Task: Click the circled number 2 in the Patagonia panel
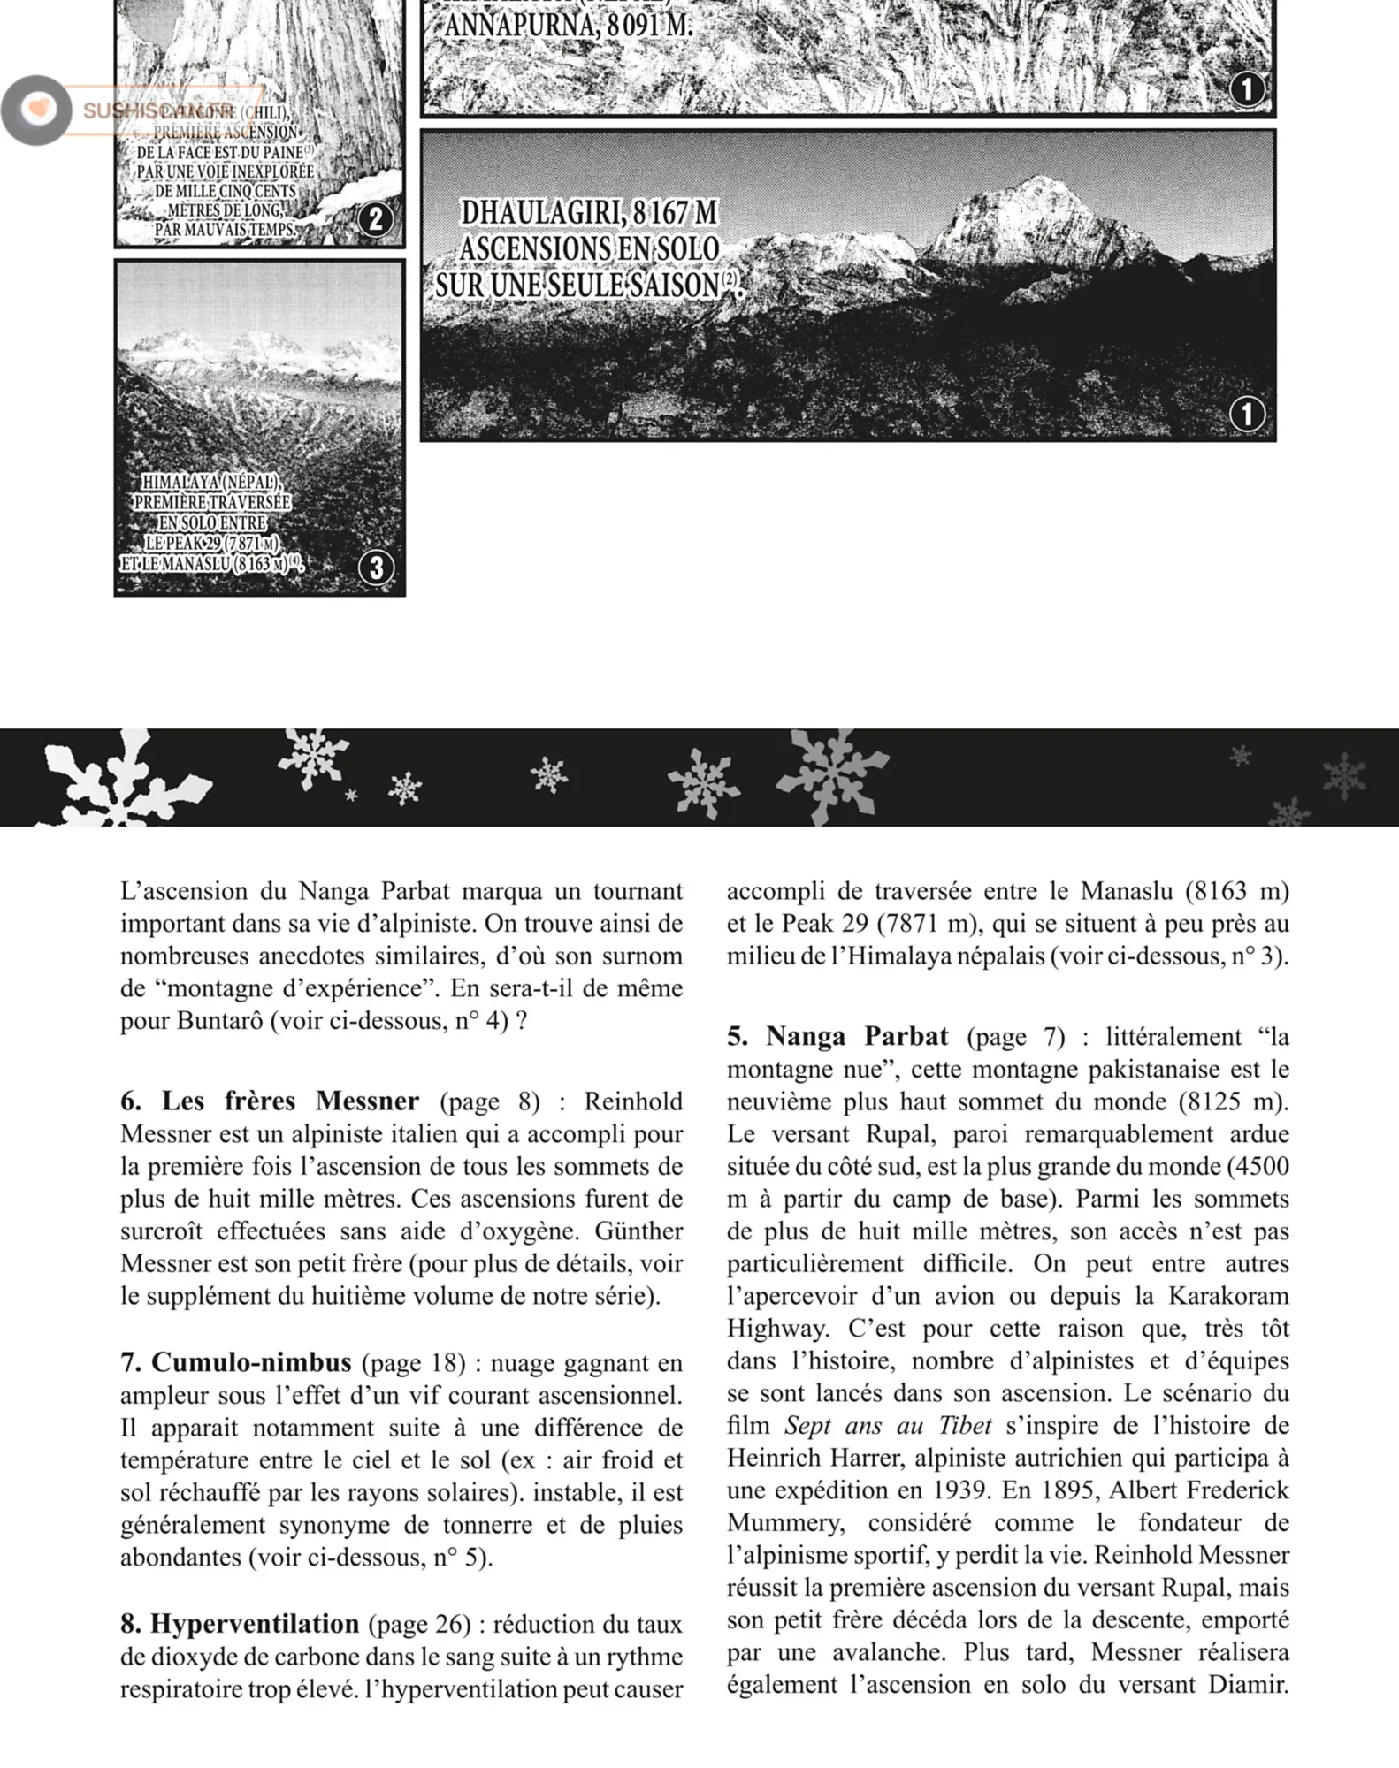tap(376, 219)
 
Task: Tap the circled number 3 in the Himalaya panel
tap(376, 568)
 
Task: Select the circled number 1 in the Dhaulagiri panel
tap(1247, 414)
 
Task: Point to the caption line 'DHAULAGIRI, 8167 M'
tap(589, 213)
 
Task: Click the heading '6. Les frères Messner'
tap(270, 1101)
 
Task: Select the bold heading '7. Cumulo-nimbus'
tap(236, 1362)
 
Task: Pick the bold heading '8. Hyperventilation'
tap(240, 1624)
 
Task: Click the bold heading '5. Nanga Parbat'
tap(837, 1036)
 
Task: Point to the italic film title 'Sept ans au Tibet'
tap(888, 1426)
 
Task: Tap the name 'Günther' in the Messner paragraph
tap(638, 1231)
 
